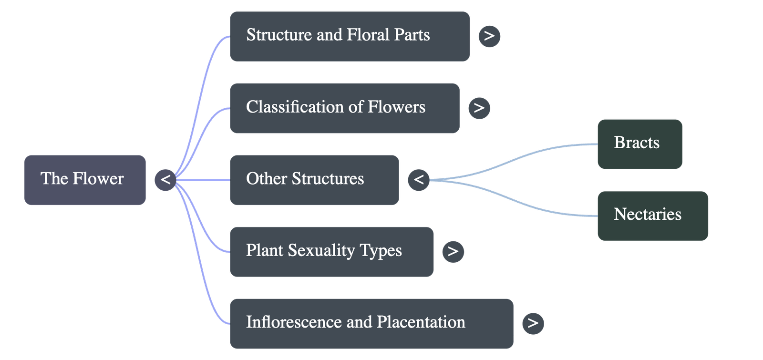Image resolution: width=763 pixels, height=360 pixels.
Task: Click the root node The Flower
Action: click(84, 180)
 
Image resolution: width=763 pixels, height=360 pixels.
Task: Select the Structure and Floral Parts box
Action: click(349, 36)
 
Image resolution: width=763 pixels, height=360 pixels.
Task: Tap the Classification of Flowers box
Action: click(344, 108)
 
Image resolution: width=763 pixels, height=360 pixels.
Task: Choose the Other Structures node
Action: click(314, 180)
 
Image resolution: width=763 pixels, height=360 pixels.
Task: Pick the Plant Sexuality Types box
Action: click(331, 252)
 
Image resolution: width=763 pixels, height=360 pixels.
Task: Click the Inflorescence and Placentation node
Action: click(371, 323)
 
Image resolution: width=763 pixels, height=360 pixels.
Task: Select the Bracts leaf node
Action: click(639, 144)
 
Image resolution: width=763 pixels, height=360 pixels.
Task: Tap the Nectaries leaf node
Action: click(652, 216)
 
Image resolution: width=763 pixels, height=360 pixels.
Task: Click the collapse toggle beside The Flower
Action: click(165, 180)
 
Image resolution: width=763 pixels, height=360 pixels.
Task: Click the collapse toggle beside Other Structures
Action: click(418, 180)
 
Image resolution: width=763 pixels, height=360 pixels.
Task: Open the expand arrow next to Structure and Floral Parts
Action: click(489, 36)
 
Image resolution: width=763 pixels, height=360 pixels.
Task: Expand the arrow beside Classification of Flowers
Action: click(479, 108)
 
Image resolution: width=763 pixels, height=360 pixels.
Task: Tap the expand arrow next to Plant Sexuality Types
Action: click(453, 252)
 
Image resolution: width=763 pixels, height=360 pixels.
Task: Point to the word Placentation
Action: click(421, 322)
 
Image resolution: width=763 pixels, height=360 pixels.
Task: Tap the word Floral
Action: click(368, 35)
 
